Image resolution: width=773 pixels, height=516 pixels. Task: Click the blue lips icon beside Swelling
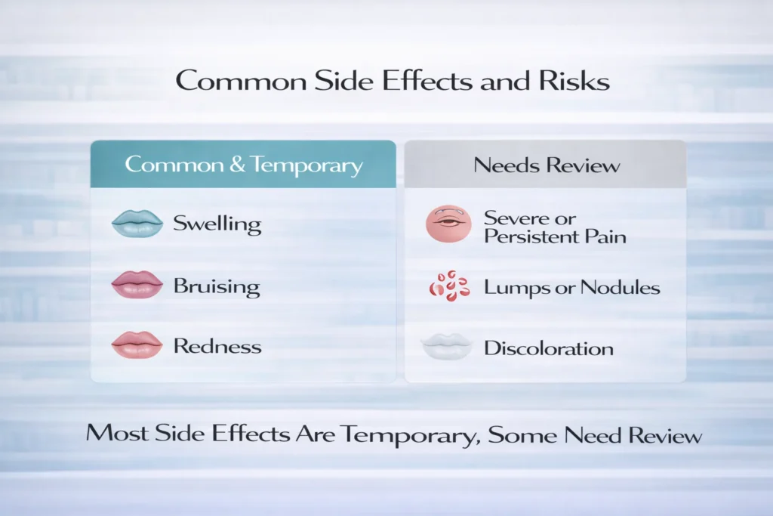click(137, 223)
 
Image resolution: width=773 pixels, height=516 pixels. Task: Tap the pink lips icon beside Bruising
click(137, 285)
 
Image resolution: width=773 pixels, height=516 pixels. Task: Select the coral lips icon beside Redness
click(137, 345)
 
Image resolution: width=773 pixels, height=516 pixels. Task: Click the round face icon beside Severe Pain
click(448, 224)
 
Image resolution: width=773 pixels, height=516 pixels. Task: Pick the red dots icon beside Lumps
click(448, 286)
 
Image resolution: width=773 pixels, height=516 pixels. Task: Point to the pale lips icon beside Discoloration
click(447, 347)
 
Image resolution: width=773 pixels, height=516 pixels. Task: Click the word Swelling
click(217, 224)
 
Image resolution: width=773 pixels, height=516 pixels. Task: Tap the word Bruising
click(217, 286)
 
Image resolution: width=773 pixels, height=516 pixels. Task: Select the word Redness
click(217, 347)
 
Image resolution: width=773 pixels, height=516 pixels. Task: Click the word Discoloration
click(549, 348)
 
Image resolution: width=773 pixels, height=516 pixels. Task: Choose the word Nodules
click(627, 288)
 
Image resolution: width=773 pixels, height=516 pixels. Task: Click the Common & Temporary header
click(244, 165)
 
